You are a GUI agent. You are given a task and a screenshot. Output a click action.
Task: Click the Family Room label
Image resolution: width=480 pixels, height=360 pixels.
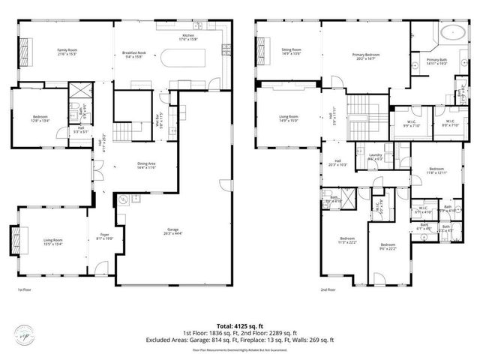67,52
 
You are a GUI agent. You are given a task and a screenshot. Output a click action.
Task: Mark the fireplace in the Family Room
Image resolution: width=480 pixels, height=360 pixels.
24,52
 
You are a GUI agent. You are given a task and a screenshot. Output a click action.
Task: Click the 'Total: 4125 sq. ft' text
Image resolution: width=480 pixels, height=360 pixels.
240,326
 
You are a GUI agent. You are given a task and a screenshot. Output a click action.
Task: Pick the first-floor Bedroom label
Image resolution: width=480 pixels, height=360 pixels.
40,118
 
